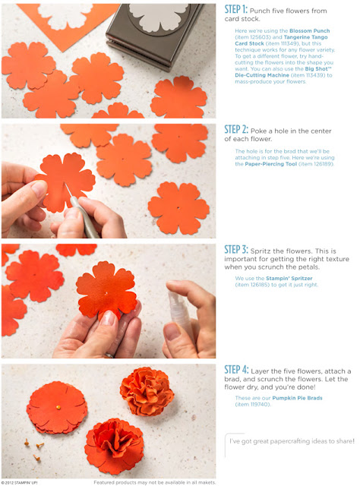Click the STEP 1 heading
pos(236,10)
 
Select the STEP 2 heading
pos(236,130)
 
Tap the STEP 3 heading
pos(236,250)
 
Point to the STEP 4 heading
pos(237,370)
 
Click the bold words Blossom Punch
pos(309,31)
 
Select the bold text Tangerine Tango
pos(305,37)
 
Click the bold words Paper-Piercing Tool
pos(270,164)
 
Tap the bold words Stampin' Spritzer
pos(289,279)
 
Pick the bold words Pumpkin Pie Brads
pos(297,398)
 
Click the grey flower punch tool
pos(154,34)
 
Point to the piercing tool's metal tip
pos(67,189)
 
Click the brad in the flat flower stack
pos(58,407)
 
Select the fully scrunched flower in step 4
pos(147,391)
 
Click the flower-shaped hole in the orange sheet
pos(65,16)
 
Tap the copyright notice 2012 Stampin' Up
pos(19,483)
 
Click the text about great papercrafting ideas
pos(292,441)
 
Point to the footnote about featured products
pos(154,482)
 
